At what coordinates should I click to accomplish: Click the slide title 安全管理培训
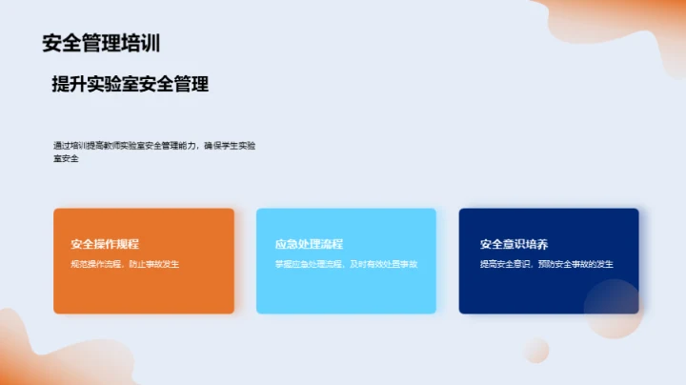100,43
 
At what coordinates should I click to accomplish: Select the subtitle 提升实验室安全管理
131,84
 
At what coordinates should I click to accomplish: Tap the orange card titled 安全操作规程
144,286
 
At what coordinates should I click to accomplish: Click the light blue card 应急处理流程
346,286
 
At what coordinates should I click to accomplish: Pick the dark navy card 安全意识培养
534,286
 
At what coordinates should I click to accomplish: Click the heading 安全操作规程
105,244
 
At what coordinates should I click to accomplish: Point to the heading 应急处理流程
309,244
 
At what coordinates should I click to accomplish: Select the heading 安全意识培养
514,244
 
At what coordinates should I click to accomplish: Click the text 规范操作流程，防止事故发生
125,263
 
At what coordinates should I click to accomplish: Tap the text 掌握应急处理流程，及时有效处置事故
346,263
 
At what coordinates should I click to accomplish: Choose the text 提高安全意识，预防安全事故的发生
546,263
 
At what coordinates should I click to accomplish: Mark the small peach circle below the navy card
536,349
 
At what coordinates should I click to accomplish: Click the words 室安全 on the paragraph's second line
66,158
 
